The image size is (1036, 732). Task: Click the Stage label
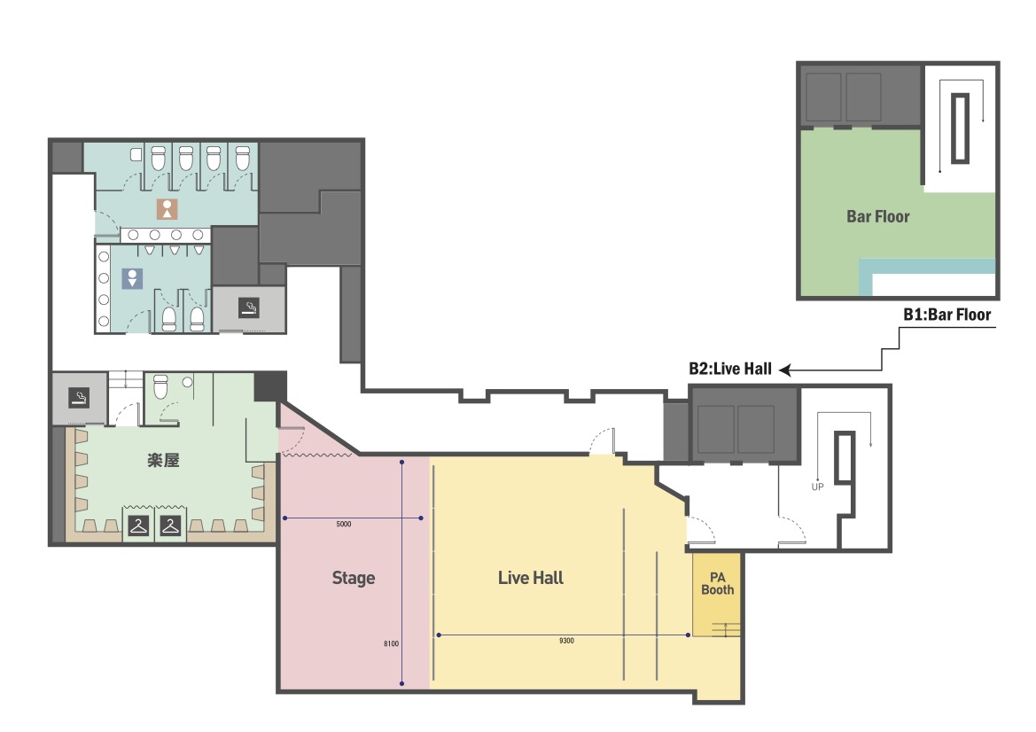(x=354, y=578)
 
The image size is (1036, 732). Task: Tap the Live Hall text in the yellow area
(x=531, y=578)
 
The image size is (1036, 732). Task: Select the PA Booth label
(x=718, y=583)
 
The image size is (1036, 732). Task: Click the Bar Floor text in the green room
(x=878, y=217)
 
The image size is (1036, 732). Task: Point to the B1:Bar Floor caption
(x=946, y=315)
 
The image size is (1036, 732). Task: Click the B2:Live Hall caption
(x=730, y=369)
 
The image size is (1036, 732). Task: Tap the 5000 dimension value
(x=344, y=524)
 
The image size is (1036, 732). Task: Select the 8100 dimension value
(x=391, y=643)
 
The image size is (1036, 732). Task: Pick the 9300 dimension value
(x=566, y=641)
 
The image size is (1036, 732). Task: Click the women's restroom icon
(x=167, y=209)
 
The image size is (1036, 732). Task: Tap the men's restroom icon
(x=132, y=278)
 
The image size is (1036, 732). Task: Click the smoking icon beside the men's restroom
(x=248, y=308)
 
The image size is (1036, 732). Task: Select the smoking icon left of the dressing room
(x=79, y=398)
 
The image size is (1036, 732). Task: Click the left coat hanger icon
(x=139, y=526)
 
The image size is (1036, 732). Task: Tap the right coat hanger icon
(x=170, y=526)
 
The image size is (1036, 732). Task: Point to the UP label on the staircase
(x=817, y=487)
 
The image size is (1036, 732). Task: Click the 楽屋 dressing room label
(x=163, y=460)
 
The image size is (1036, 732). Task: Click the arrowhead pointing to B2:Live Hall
(x=785, y=370)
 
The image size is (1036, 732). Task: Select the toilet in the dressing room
(x=160, y=387)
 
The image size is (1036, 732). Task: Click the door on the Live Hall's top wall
(x=602, y=441)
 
